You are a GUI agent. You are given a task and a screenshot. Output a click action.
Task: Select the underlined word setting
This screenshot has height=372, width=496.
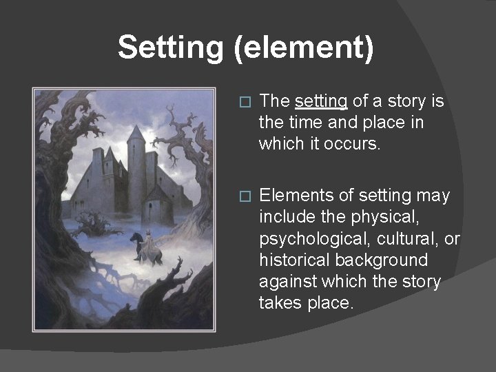[320, 101]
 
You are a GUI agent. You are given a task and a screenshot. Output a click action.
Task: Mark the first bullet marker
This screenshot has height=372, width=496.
[242, 102]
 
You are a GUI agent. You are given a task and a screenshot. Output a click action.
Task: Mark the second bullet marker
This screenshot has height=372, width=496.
[242, 196]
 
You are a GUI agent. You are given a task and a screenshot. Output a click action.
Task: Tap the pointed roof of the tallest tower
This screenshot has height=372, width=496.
[136, 133]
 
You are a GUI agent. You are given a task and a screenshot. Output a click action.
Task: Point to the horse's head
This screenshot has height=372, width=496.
[132, 238]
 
